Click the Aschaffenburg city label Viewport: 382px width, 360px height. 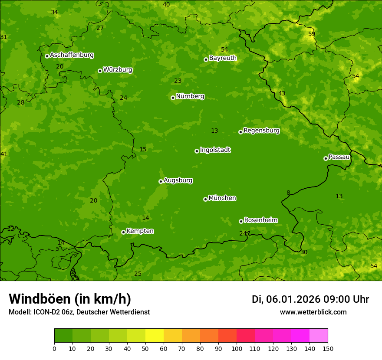pos(72,55)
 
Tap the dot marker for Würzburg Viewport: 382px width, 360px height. pos(100,71)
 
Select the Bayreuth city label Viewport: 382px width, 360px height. pos(223,58)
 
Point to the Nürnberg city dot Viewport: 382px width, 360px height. pos(173,98)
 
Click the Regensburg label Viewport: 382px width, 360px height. pos(261,131)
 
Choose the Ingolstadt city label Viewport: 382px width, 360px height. pos(215,150)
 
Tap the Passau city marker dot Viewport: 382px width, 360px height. pos(326,158)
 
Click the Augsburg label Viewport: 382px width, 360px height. pos(178,180)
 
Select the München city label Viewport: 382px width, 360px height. pos(222,198)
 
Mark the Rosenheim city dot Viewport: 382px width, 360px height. pos(241,221)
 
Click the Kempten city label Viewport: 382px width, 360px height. pos(140,231)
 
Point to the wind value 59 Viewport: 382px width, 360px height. pos(312,34)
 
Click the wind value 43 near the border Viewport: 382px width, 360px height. pos(282,93)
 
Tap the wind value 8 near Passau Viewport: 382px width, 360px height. pos(288,193)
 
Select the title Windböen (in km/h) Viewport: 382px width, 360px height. pos(69,299)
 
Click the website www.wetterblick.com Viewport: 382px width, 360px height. pos(313,312)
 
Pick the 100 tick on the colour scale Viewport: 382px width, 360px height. pos(237,348)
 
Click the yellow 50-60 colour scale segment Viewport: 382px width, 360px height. pos(155,336)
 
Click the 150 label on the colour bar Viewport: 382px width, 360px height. pos(328,348)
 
